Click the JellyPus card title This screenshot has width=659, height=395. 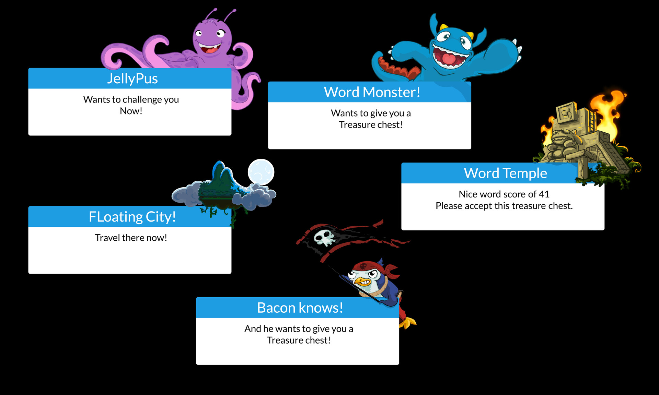(132, 79)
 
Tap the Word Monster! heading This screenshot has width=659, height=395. (372, 92)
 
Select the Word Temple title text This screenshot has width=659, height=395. (505, 173)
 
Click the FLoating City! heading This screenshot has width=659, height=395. (132, 217)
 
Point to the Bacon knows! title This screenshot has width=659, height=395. (300, 308)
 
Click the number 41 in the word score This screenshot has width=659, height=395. (544, 194)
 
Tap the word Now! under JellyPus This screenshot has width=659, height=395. (131, 111)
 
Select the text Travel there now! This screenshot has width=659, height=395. (131, 238)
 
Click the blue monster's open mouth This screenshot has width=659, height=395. (449, 57)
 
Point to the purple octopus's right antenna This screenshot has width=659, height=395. (229, 15)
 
